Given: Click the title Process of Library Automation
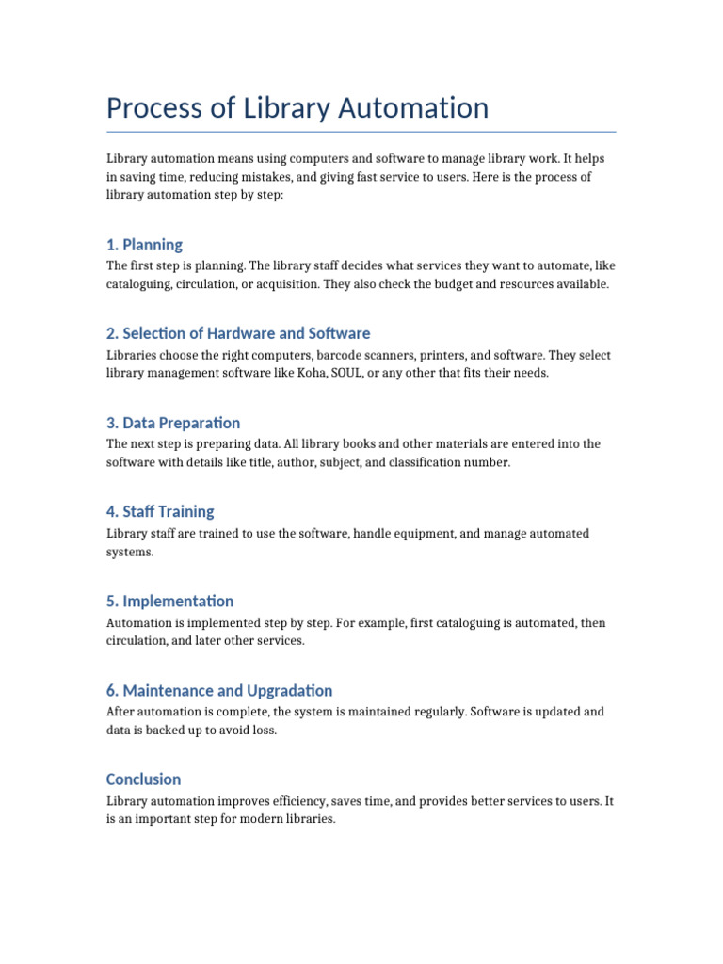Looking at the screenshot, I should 297,108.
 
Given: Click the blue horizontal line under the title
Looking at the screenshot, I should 361,132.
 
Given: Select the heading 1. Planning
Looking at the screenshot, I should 144,245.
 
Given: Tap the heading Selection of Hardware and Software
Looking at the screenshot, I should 238,333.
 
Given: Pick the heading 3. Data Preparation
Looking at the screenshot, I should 173,423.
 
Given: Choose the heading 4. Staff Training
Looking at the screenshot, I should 160,511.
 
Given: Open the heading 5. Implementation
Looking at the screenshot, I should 169,601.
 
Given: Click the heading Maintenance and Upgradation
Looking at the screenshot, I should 219,690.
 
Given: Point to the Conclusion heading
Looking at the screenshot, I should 144,779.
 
